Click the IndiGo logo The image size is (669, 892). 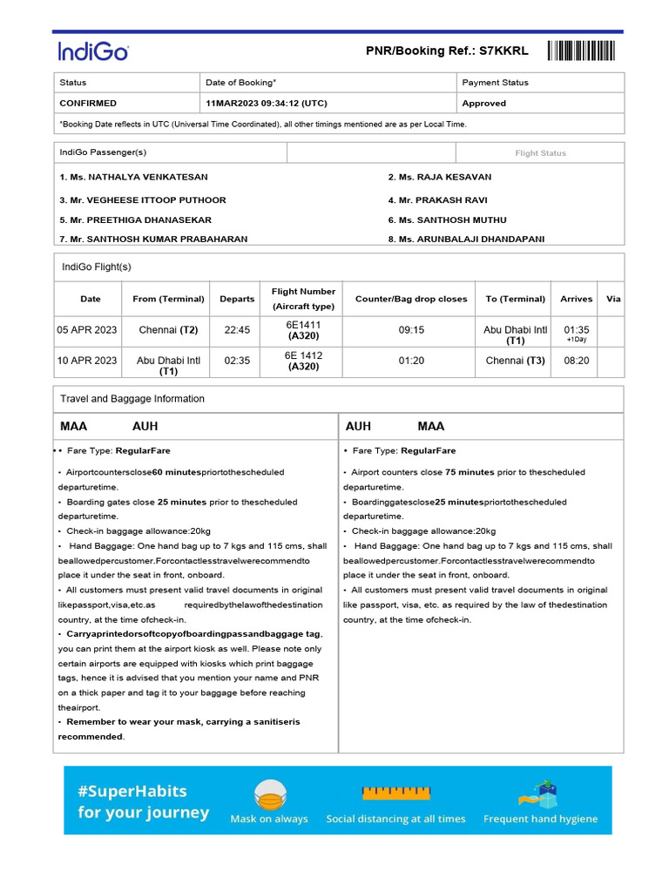click(x=93, y=51)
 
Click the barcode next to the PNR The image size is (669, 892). click(x=581, y=51)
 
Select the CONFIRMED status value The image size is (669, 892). click(x=88, y=103)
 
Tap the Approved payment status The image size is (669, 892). click(x=484, y=103)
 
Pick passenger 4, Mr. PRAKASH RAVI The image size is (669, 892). click(x=437, y=199)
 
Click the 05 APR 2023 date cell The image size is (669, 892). click(x=87, y=331)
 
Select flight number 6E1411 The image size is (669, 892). click(x=303, y=324)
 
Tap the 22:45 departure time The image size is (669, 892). click(x=237, y=331)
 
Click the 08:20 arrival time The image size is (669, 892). click(x=577, y=361)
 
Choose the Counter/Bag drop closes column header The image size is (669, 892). click(x=411, y=299)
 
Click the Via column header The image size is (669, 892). click(x=613, y=299)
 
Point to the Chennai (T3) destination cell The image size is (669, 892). click(x=515, y=361)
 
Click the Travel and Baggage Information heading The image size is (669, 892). click(x=132, y=399)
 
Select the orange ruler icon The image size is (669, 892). click(x=395, y=793)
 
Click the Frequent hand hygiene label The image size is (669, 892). click(x=540, y=819)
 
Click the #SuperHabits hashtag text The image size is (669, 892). click(x=132, y=791)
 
